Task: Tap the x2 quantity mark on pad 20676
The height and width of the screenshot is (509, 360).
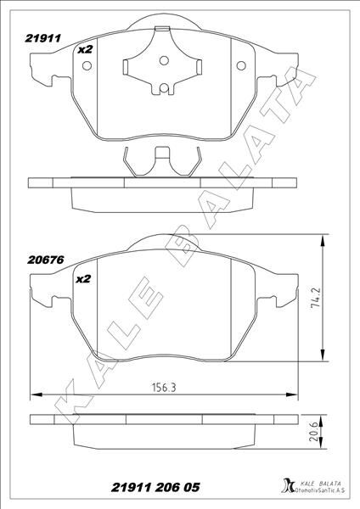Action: click(x=84, y=277)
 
